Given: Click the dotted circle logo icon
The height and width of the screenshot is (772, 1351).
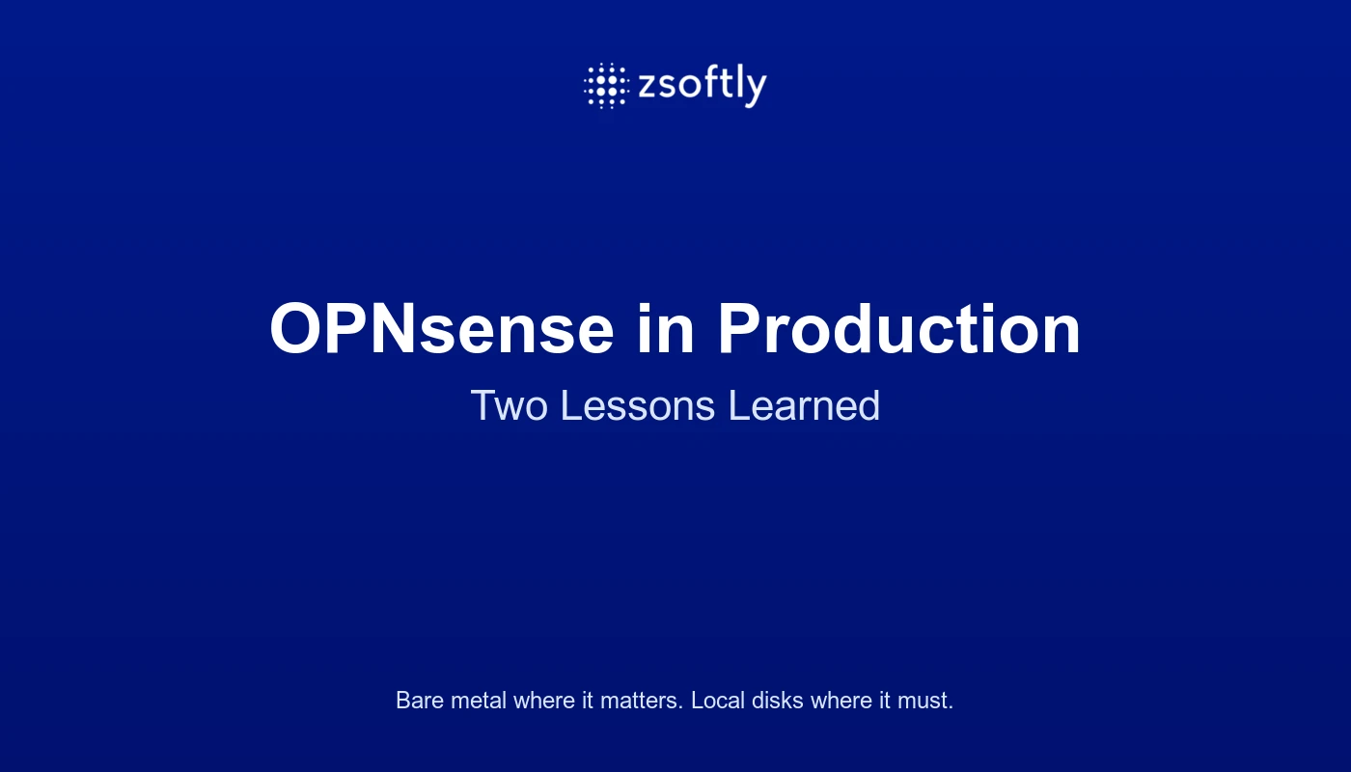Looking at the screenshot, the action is point(607,86).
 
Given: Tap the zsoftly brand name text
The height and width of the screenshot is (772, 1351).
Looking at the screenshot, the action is point(703,86).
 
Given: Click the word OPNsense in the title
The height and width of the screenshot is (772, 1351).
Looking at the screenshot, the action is point(442,329).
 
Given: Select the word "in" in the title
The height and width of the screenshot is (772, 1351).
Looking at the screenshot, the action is point(666,329).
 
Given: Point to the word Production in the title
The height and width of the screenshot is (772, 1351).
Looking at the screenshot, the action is point(898,329).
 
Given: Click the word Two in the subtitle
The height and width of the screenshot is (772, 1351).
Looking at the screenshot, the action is point(510,405).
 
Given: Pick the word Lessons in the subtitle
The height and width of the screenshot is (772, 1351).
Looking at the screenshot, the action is point(638,405).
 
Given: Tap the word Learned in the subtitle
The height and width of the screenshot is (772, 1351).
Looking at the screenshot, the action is point(805,405).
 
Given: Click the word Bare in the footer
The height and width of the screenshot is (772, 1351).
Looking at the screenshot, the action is point(420,701).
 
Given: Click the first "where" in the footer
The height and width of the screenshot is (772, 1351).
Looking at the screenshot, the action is point(544,701).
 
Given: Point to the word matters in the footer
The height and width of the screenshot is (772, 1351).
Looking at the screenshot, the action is point(642,701).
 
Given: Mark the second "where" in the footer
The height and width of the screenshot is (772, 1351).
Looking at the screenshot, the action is point(841,701).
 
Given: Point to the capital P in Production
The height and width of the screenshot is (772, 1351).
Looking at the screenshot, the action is point(740,329).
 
